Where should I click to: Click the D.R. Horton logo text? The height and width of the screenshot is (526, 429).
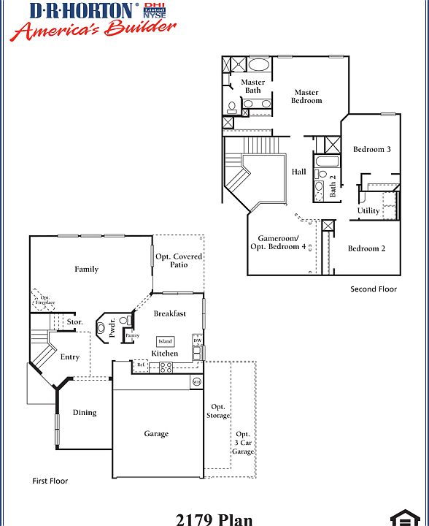82,10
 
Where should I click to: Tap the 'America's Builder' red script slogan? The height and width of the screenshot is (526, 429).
93,30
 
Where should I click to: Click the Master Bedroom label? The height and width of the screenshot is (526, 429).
306,96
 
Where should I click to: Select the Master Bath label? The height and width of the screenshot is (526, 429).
253,86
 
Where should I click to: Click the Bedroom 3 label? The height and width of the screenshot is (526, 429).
372,149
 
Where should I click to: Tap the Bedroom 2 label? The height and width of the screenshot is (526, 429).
366,248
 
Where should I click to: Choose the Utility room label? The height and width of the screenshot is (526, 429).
368,210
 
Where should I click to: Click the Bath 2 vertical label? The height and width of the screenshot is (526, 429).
333,186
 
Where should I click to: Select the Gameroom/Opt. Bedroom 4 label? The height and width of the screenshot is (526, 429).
279,243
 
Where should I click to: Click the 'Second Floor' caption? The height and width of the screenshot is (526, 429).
374,289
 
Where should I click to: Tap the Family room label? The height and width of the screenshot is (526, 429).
86,269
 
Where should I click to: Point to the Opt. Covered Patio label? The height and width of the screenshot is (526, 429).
179,261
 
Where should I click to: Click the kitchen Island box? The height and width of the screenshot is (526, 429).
166,341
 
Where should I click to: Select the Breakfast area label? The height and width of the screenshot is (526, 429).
169,313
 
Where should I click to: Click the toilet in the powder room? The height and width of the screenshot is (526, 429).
124,321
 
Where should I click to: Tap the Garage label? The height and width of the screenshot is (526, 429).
156,433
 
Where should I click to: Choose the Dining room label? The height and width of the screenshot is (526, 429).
85,412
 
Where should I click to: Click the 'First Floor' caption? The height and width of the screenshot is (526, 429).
50,481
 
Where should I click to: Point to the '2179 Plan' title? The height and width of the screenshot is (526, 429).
214,519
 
